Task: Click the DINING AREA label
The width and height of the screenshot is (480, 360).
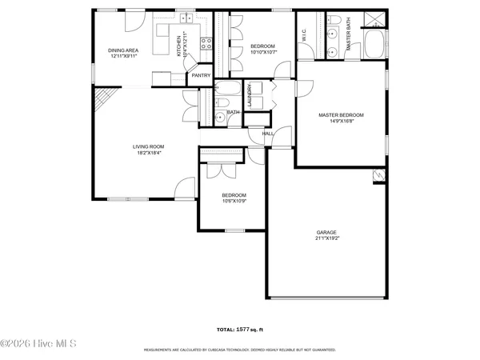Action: (124, 50)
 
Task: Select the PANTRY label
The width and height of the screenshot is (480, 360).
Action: (201, 76)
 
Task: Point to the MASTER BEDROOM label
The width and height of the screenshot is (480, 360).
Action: (341, 115)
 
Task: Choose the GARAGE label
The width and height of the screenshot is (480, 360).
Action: (326, 232)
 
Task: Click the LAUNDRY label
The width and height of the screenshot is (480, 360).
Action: (250, 96)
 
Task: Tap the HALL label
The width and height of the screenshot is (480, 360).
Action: (268, 134)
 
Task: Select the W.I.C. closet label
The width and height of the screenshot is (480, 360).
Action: (303, 36)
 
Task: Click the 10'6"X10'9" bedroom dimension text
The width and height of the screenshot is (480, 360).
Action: (234, 201)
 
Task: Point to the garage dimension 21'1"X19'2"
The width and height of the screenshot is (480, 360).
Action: (326, 238)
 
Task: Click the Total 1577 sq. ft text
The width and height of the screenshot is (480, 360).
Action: (239, 330)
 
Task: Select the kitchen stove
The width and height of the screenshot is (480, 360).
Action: (206, 44)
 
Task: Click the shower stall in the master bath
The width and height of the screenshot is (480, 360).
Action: (373, 20)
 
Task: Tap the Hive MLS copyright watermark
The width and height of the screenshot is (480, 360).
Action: (38, 345)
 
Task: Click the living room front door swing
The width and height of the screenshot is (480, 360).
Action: (184, 188)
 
